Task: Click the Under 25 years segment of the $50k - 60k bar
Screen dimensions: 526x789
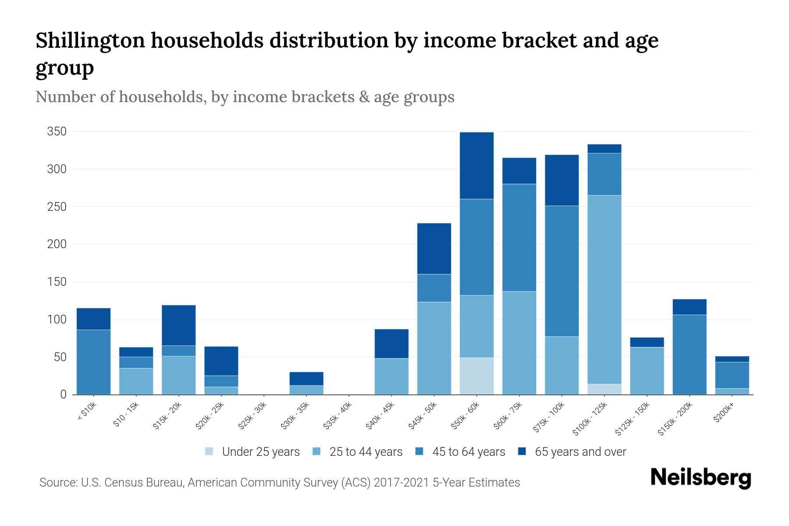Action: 476,376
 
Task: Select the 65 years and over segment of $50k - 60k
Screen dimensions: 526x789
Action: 476,166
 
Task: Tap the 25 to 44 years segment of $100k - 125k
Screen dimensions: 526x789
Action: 604,289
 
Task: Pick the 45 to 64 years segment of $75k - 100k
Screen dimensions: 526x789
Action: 562,271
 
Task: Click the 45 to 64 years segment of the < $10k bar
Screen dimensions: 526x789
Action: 93,362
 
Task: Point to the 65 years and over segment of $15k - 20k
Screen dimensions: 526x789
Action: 178,325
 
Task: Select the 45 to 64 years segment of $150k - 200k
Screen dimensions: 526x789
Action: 689,355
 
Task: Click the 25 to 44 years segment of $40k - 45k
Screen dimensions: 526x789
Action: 391,377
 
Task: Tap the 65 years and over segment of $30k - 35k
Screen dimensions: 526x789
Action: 306,379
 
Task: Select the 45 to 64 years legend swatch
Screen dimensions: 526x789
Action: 419,451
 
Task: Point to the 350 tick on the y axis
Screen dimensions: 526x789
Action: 57,131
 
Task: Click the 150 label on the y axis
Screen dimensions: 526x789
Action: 57,282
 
